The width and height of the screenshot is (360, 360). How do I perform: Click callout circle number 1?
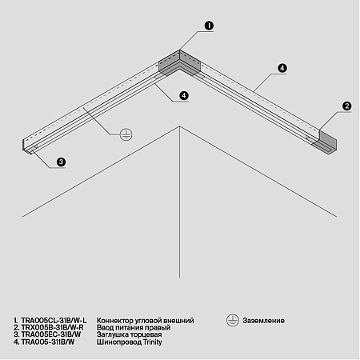(x=208, y=26)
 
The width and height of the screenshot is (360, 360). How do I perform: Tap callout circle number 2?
(x=347, y=105)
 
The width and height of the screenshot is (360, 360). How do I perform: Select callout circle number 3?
(x=61, y=162)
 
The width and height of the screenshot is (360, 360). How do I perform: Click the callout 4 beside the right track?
(x=282, y=69)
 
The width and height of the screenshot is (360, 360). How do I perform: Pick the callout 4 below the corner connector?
(x=185, y=95)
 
